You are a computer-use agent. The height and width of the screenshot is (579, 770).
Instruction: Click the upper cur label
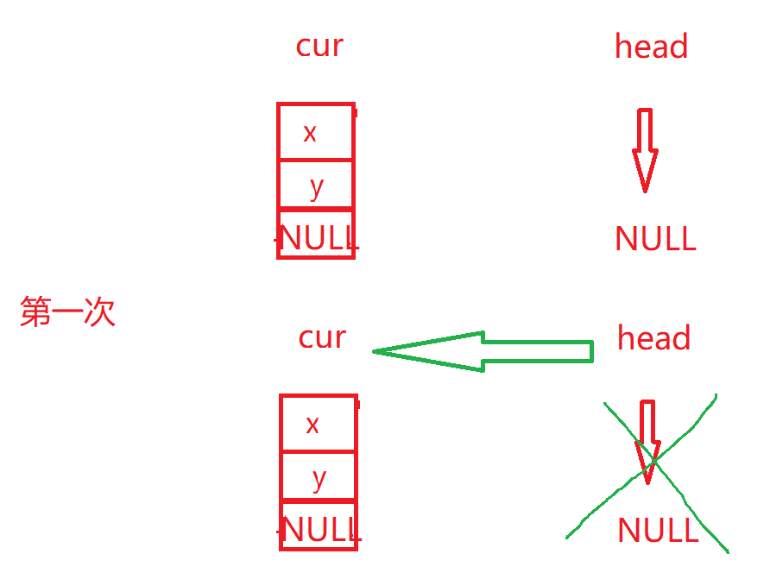[x=319, y=46]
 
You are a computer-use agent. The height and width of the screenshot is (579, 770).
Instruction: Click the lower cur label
[x=322, y=337]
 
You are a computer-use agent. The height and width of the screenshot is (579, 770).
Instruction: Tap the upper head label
[x=651, y=47]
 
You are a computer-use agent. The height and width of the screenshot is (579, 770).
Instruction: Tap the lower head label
[x=653, y=338]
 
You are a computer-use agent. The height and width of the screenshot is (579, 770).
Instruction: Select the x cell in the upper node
[x=316, y=132]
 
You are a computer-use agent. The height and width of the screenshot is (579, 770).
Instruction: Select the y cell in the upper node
[x=316, y=185]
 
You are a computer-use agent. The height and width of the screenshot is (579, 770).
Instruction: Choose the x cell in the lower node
[x=319, y=424]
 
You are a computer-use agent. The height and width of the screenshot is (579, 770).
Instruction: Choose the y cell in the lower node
[x=319, y=477]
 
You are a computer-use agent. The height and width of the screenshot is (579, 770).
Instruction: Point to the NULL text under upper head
[x=655, y=239]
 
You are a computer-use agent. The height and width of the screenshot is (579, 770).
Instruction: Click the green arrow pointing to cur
[x=483, y=351]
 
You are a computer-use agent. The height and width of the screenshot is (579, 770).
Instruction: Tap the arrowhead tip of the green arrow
[x=376, y=351]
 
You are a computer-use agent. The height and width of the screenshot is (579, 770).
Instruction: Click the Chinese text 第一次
[x=67, y=312]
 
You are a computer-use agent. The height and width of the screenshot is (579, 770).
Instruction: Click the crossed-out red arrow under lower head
[x=647, y=436]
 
